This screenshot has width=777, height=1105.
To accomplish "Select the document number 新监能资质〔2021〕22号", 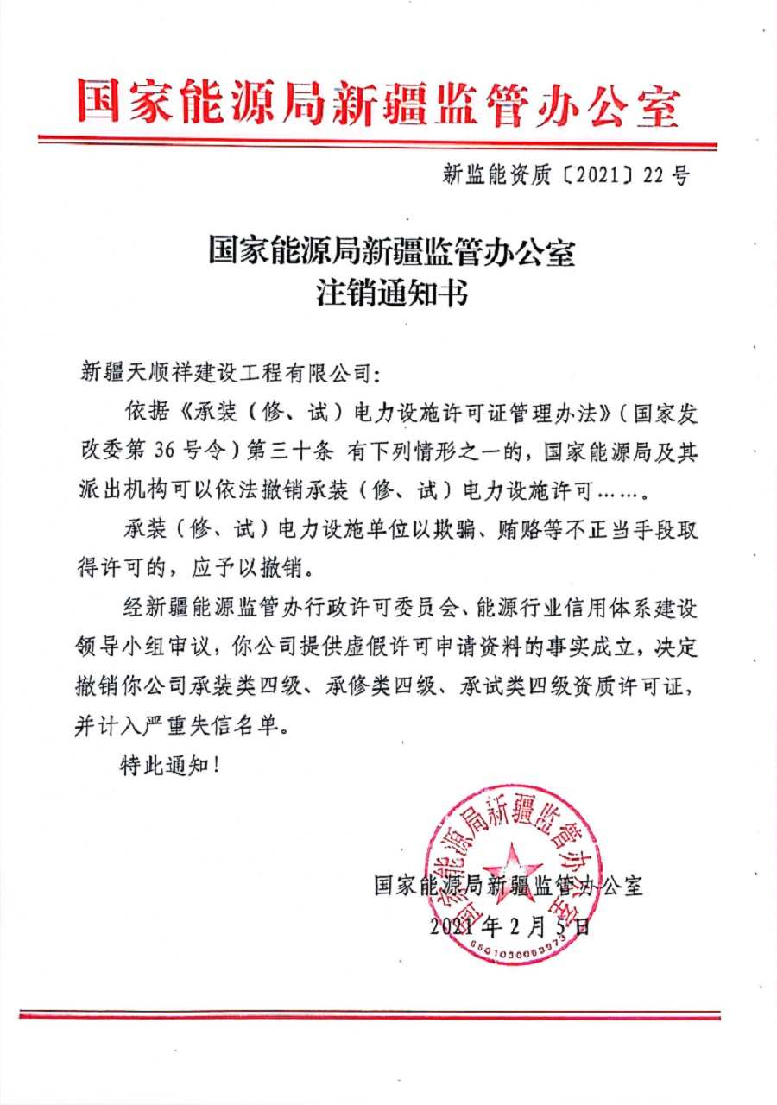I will click(x=565, y=176).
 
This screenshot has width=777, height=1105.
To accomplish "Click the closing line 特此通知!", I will click(x=164, y=767).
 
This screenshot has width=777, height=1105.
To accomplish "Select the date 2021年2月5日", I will click(x=509, y=927).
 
